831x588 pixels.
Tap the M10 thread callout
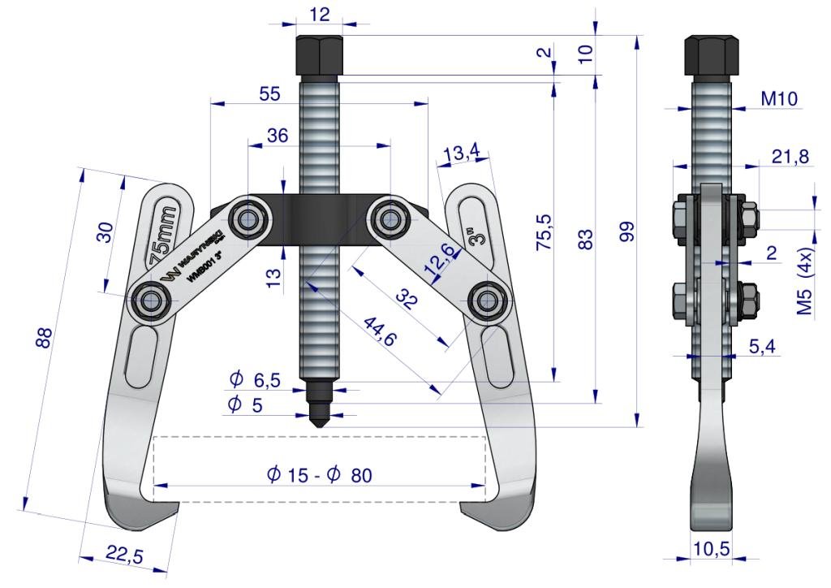click(x=779, y=99)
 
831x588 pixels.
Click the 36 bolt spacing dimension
click(x=277, y=136)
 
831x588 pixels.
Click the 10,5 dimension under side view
click(x=710, y=548)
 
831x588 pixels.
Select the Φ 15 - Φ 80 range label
click(x=319, y=475)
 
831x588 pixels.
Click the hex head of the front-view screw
click(x=320, y=55)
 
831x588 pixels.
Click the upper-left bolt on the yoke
click(x=245, y=217)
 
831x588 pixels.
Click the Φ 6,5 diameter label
click(x=256, y=379)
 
